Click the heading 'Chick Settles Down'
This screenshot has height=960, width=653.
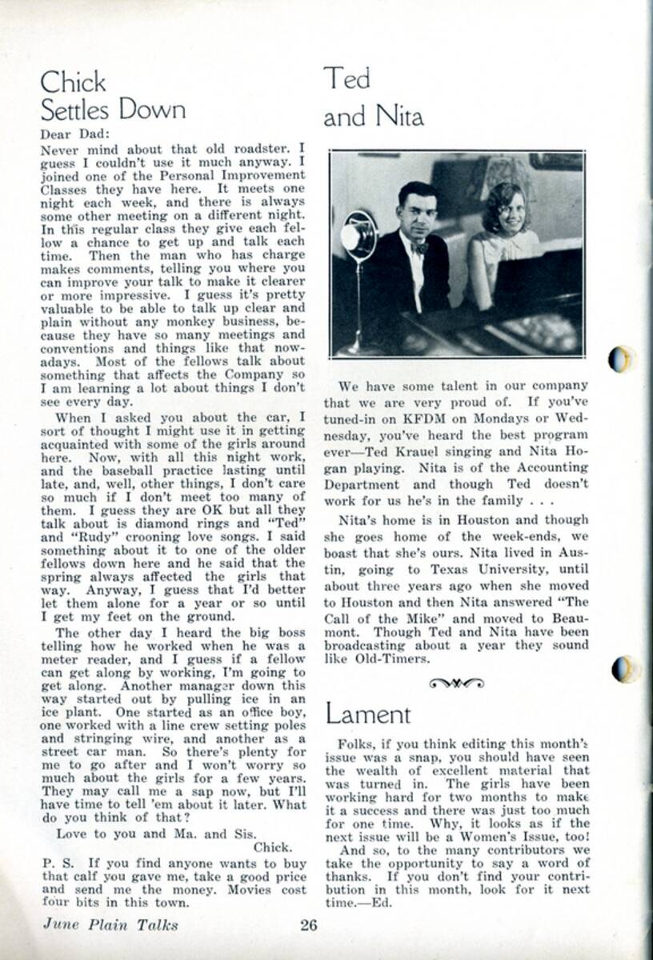112,95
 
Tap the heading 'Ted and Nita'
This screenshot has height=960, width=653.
373,98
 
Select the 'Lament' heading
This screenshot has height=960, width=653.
367,714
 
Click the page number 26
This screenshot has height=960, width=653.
309,926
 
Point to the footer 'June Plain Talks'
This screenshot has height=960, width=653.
110,926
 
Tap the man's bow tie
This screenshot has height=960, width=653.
419,248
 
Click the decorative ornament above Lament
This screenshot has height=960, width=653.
456,682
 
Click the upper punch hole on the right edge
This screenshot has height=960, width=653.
622,359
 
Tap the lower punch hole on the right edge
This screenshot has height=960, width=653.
623,669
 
